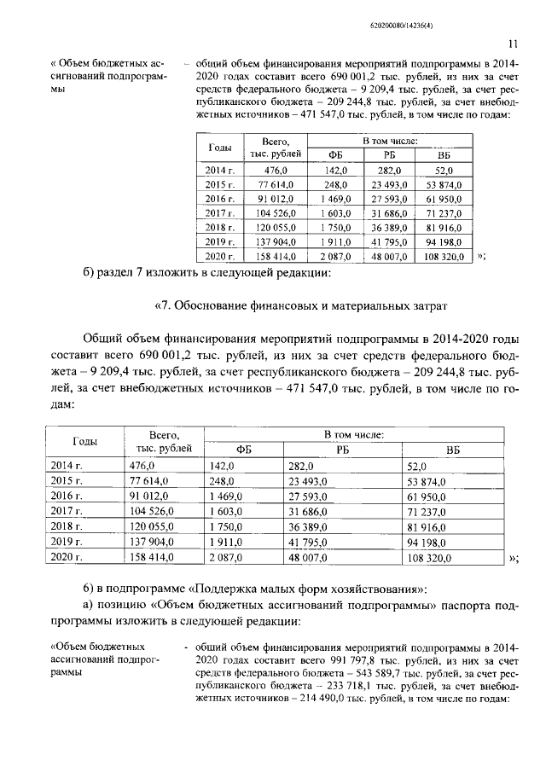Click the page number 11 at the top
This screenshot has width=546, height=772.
(x=512, y=44)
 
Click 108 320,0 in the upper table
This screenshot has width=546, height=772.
(x=443, y=256)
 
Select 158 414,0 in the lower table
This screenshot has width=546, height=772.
(x=152, y=557)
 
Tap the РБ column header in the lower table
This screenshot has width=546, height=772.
(x=342, y=449)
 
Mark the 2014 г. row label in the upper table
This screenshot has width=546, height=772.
(x=220, y=171)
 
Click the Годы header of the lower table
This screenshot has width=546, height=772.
(x=84, y=441)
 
